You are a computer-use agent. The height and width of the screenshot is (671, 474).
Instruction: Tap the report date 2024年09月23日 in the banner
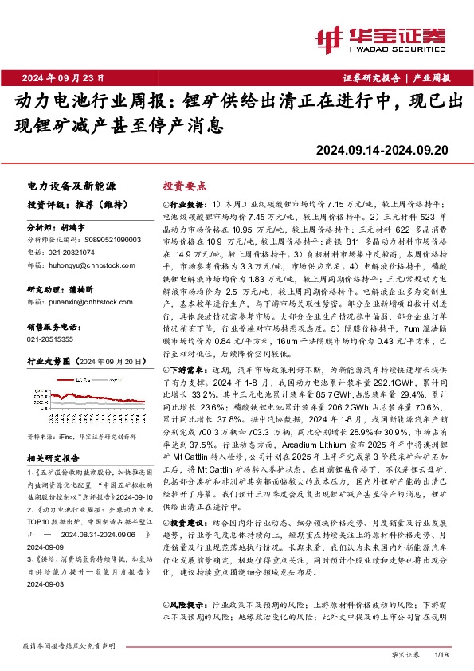tap(63, 77)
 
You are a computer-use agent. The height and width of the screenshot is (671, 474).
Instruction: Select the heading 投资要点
tap(184, 184)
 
